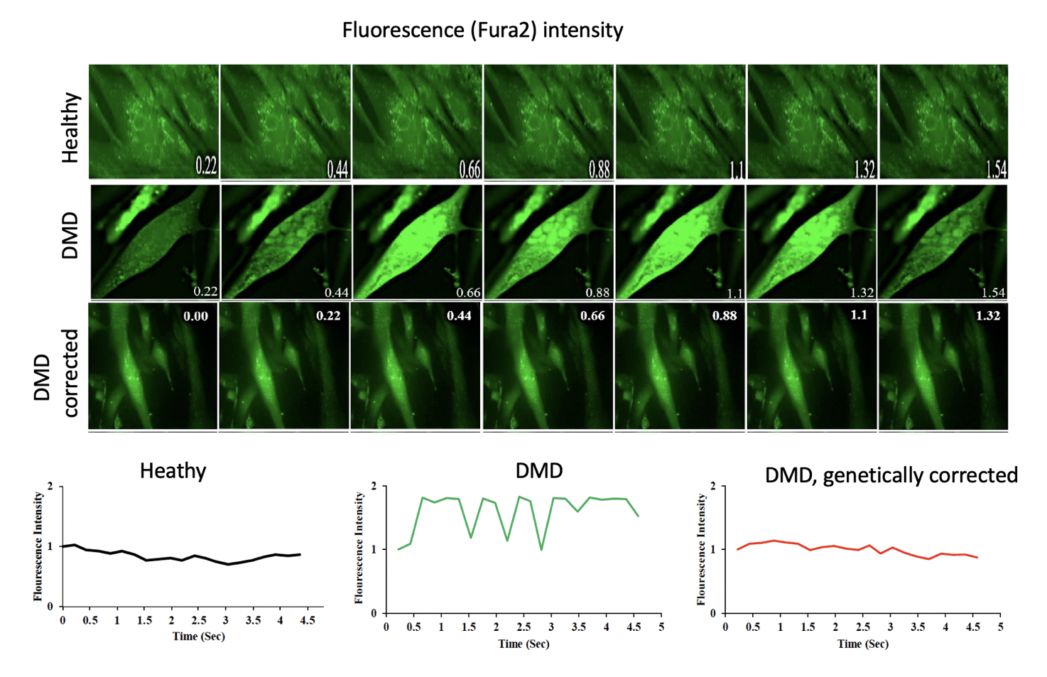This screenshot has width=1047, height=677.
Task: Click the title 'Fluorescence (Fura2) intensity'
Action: click(482, 30)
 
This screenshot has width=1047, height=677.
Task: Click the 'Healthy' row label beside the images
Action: click(70, 128)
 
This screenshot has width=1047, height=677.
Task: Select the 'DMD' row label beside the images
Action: click(70, 237)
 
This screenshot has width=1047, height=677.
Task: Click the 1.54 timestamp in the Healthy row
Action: click(996, 169)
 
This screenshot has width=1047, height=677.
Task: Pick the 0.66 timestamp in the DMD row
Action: click(468, 293)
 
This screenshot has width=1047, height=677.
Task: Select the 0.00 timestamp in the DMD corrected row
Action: click(195, 316)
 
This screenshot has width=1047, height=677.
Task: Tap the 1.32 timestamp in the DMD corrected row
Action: click(987, 315)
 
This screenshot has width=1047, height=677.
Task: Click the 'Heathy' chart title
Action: click(173, 471)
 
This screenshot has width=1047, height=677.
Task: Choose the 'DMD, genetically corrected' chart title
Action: click(891, 475)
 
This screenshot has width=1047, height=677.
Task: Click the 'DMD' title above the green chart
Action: click(539, 470)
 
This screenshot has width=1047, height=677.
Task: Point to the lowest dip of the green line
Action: click(541, 549)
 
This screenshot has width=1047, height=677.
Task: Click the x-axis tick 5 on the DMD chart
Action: click(661, 627)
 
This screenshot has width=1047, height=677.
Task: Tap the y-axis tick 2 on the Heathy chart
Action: click(50, 487)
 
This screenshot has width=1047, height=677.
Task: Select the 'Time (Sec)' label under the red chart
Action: click(862, 644)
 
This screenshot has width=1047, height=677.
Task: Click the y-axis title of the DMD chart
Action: click(359, 548)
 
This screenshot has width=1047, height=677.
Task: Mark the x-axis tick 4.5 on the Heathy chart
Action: click(307, 620)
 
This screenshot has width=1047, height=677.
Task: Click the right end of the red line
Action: click(977, 557)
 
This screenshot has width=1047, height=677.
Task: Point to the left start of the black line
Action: click(63, 546)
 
